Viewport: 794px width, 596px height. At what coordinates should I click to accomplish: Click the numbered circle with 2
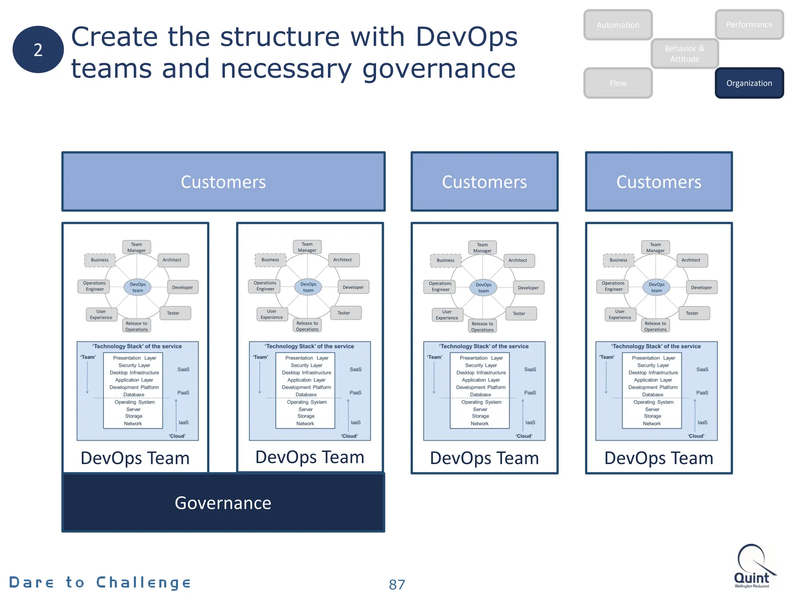click(x=38, y=50)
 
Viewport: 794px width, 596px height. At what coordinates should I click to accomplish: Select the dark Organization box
click(x=749, y=83)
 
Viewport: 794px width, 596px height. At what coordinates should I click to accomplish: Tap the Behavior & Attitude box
click(x=685, y=54)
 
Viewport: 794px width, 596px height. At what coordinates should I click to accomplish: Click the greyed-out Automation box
click(x=618, y=25)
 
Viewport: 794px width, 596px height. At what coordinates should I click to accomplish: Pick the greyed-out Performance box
click(x=749, y=24)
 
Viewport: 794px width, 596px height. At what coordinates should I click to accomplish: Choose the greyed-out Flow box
click(x=618, y=83)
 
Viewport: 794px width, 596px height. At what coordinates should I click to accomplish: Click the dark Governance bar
click(x=223, y=503)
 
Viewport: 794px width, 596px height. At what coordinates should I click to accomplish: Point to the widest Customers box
click(x=223, y=182)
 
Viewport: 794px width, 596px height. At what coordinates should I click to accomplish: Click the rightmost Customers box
click(x=659, y=182)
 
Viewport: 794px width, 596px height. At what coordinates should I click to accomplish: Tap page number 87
click(x=397, y=584)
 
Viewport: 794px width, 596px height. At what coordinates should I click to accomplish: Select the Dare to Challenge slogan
click(x=100, y=582)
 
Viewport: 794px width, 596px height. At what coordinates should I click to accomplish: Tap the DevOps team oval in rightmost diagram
click(x=656, y=288)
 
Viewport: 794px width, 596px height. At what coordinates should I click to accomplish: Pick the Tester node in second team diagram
click(x=344, y=313)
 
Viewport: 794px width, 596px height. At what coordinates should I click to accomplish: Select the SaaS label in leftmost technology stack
click(x=183, y=369)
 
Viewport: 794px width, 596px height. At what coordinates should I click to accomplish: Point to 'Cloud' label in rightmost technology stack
click(x=696, y=436)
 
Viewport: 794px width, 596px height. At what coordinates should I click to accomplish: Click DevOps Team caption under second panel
click(x=310, y=457)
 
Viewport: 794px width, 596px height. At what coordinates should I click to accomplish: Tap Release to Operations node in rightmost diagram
click(x=655, y=326)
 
